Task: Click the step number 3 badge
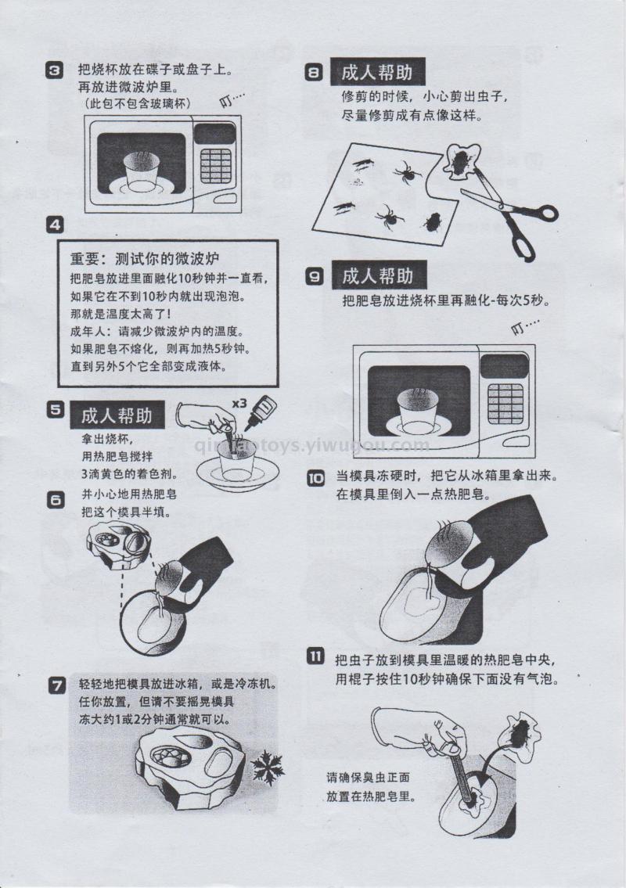(x=54, y=70)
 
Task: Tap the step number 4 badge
(x=55, y=225)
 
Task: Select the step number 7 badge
(x=57, y=686)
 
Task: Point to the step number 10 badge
(x=315, y=478)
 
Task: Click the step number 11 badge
(x=315, y=656)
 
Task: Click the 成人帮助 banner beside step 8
(x=377, y=73)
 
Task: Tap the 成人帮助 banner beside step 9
(x=378, y=276)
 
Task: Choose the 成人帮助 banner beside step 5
(x=117, y=415)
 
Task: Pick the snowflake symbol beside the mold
(x=267, y=768)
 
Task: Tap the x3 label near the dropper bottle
(x=239, y=403)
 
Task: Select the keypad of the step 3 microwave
(x=215, y=167)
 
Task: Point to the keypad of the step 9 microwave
(x=505, y=403)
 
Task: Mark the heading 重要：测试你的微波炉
(x=145, y=259)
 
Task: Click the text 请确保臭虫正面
(x=368, y=778)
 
